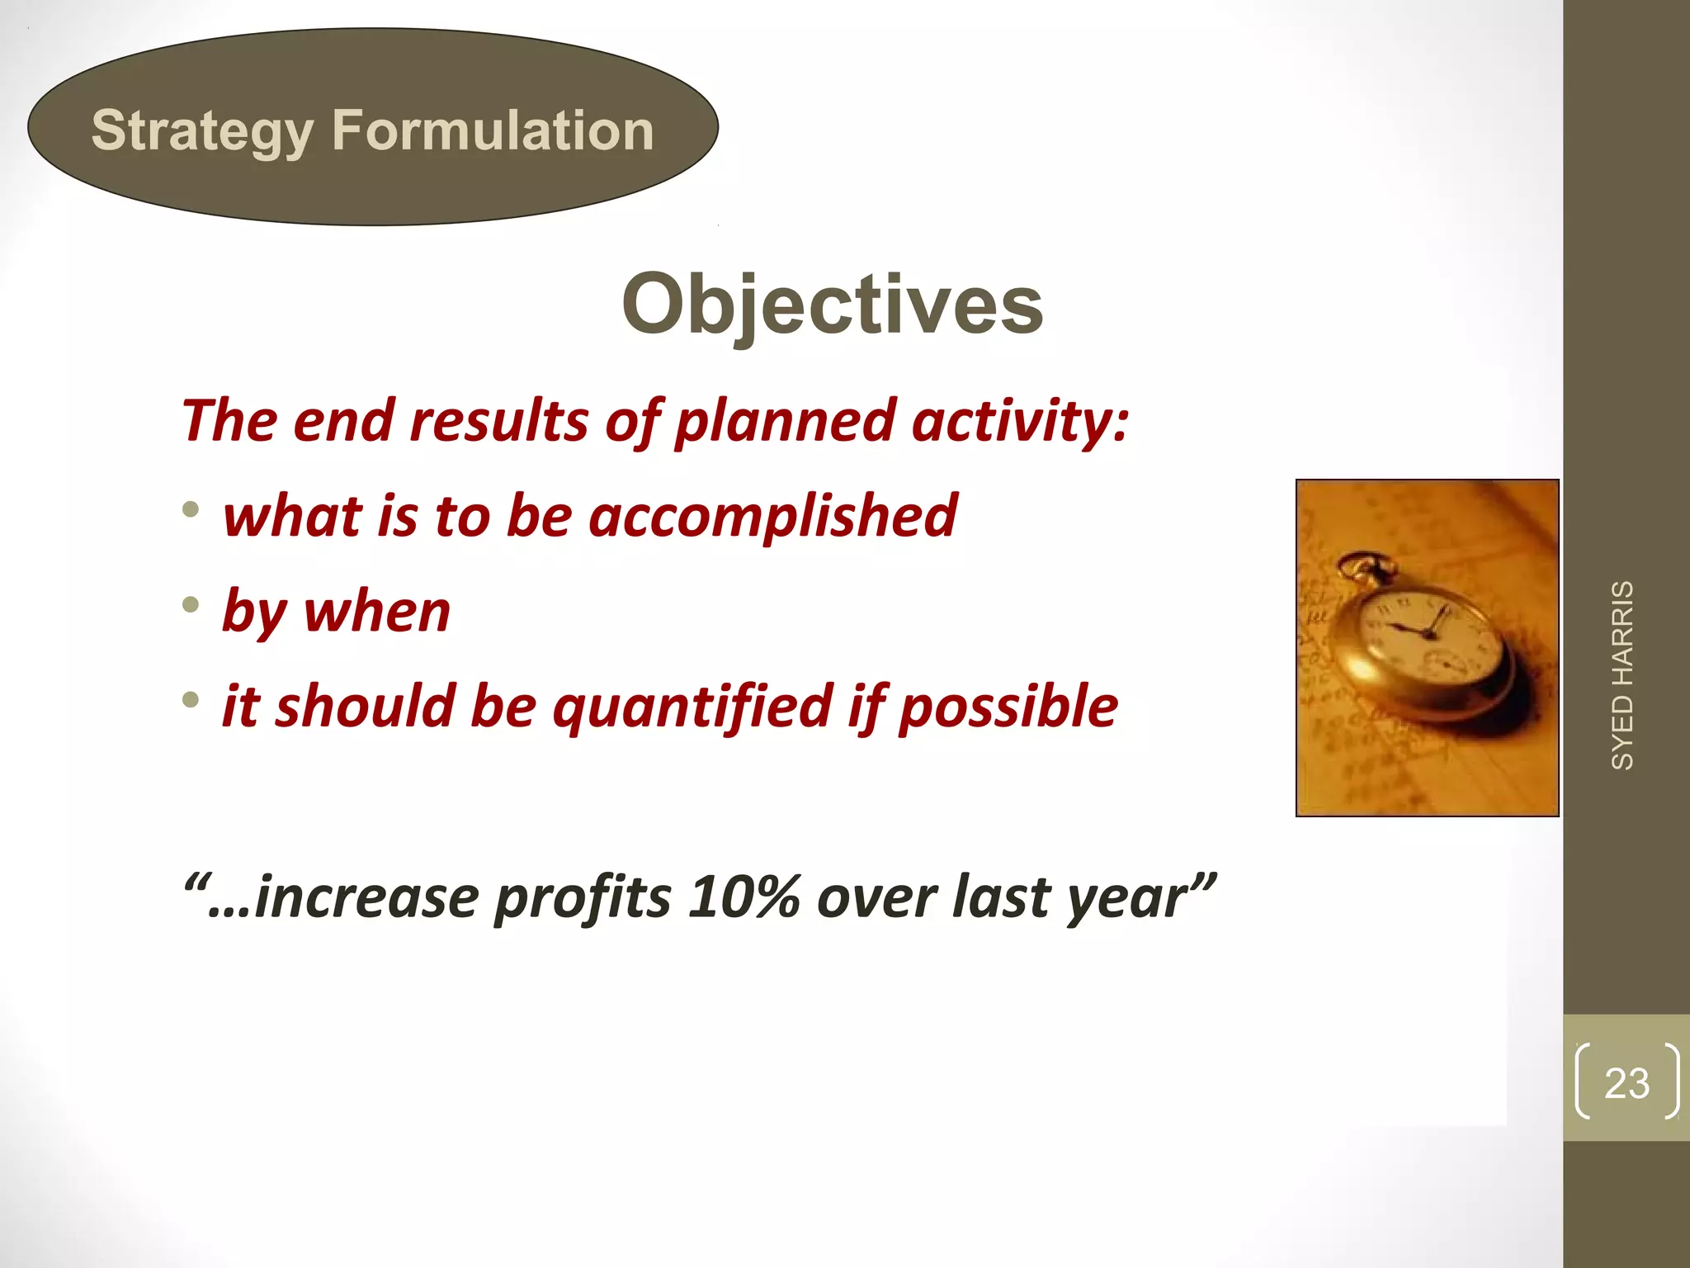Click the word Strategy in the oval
(x=202, y=132)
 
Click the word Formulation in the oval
(x=493, y=130)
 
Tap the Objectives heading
(x=832, y=305)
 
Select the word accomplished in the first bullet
(x=773, y=516)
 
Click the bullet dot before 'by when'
(x=191, y=605)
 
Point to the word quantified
(x=692, y=707)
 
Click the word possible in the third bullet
(x=1008, y=707)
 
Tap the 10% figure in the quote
(x=744, y=897)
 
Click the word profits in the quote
(x=583, y=897)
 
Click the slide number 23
(x=1626, y=1083)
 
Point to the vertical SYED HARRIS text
(x=1622, y=675)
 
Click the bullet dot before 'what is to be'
(x=191, y=509)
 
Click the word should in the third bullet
(x=365, y=707)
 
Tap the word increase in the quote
(x=367, y=897)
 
